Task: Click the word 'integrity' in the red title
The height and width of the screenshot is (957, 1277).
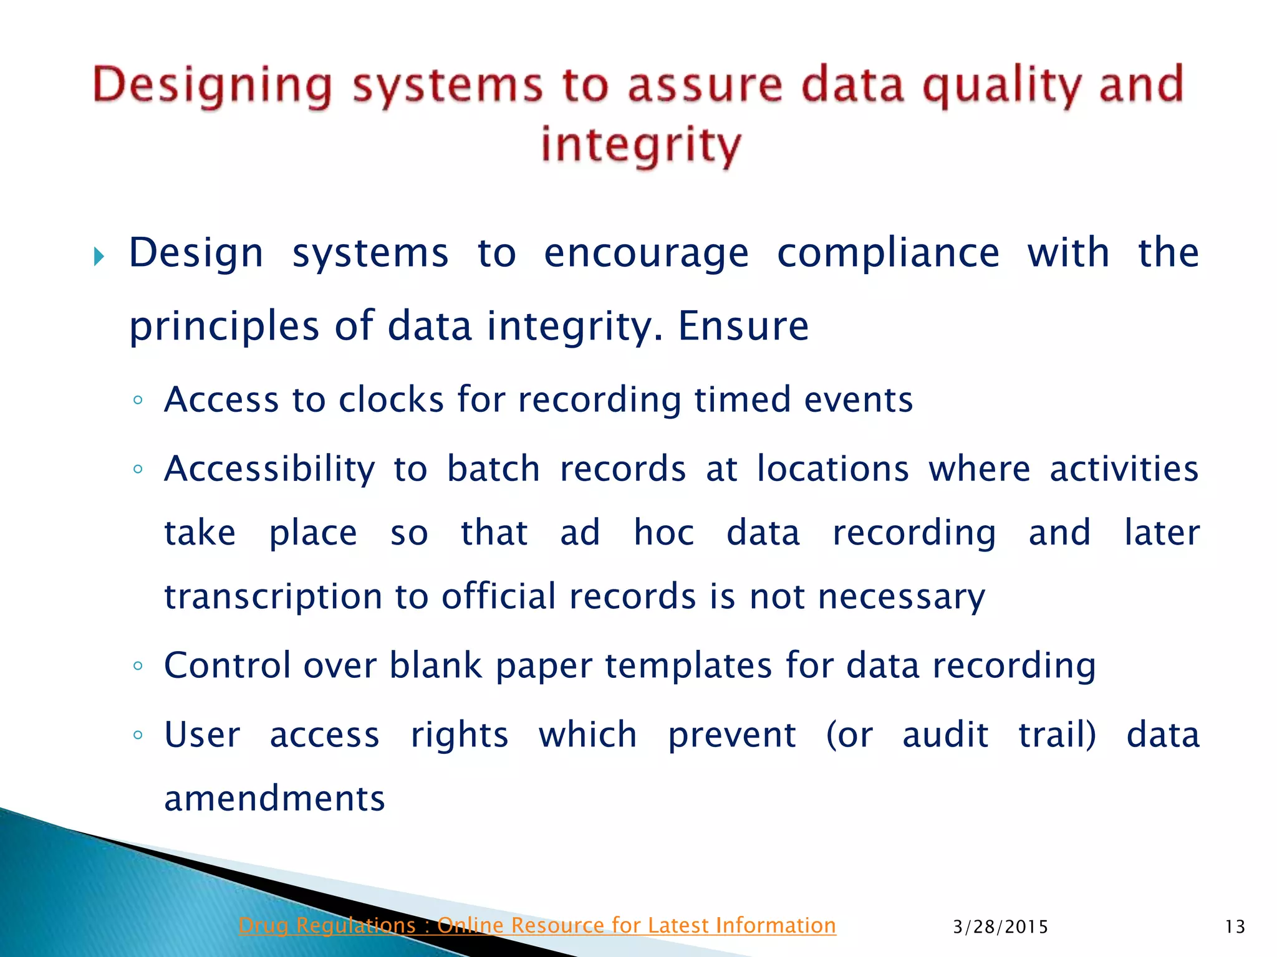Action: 641,145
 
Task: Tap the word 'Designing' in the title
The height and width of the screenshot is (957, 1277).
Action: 212,86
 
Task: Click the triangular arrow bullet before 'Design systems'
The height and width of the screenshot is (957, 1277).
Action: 99,256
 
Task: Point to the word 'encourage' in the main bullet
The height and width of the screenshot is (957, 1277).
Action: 646,254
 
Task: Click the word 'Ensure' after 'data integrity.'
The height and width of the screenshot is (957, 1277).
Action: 743,326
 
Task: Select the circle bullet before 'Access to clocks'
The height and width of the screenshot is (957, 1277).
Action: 138,399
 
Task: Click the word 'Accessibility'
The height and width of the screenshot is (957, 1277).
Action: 269,469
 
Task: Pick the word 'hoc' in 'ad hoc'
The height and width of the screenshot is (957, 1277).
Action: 663,533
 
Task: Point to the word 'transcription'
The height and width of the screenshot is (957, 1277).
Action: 273,597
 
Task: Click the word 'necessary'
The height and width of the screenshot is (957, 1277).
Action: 902,597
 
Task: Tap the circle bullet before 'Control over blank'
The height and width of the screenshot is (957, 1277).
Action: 138,665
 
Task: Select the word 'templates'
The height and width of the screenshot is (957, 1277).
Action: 688,665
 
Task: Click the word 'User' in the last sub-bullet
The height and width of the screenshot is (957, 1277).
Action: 202,735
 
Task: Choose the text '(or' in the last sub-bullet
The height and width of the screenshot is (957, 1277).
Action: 849,735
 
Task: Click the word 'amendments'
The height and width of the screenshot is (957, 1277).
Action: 274,799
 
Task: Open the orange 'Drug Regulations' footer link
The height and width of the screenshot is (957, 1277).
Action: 537,925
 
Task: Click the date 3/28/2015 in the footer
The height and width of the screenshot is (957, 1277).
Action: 1000,927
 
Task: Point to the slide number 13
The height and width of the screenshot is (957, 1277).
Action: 1235,927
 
